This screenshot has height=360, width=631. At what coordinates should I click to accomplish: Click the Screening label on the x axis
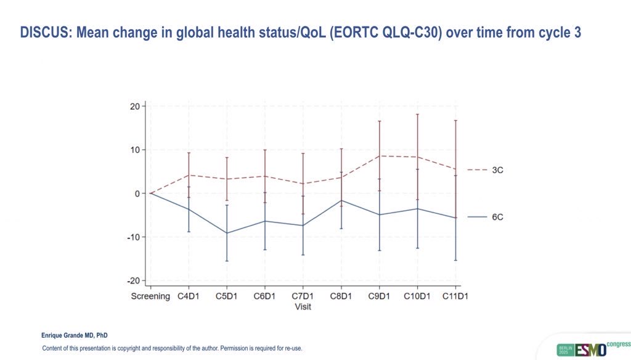click(x=150, y=297)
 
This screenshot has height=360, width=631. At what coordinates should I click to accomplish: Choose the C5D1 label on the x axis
click(x=227, y=297)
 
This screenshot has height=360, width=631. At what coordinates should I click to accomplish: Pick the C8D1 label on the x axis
click(x=341, y=297)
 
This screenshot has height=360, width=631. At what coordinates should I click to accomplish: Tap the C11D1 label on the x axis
click(x=456, y=297)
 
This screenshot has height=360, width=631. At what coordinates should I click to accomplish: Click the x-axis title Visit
click(x=303, y=306)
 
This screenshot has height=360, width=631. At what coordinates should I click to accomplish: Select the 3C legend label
click(x=497, y=170)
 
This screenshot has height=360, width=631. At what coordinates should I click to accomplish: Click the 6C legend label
click(x=497, y=217)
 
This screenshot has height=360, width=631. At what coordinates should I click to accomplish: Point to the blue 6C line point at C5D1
click(x=227, y=233)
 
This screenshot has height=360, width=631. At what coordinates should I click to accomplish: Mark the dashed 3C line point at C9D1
click(x=380, y=155)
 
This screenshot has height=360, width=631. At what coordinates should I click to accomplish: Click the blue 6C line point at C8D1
click(x=341, y=200)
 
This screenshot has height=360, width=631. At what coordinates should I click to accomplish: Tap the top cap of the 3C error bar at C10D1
click(x=418, y=114)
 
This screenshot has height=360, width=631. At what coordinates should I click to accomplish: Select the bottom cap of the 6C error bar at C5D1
click(x=227, y=261)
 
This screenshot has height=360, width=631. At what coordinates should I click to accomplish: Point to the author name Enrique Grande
click(x=66, y=336)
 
